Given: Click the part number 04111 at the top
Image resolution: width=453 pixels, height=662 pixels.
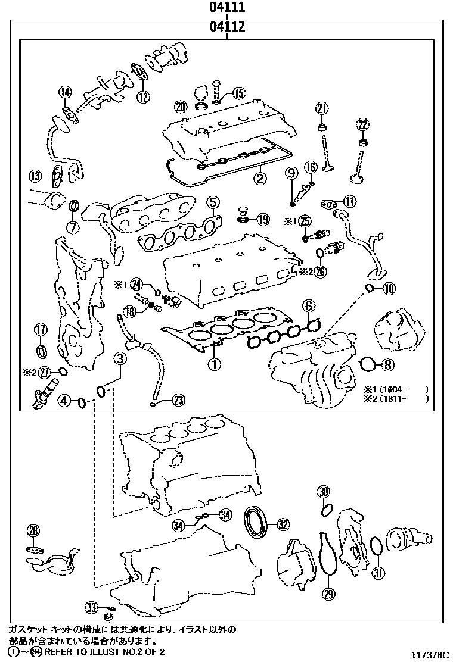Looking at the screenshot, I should coord(227,8).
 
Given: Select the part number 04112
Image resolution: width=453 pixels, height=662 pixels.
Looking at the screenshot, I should coord(227,27).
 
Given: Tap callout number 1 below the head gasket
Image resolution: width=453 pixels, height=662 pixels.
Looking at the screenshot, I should coord(213,361).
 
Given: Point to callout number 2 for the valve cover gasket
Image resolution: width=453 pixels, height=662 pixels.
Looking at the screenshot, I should coord(259,177).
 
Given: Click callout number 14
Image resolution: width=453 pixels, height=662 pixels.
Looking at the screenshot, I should coord(65,92).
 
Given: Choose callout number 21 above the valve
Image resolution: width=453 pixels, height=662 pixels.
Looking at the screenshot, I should coord(322,108).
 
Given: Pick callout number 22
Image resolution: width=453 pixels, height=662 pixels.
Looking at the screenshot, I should coord(362,124).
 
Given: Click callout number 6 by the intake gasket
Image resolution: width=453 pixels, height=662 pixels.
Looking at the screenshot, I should coord(308,306).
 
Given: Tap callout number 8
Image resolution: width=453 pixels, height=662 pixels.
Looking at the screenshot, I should coord(387,364).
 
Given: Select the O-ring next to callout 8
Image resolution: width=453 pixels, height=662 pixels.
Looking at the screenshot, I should coord(368,364).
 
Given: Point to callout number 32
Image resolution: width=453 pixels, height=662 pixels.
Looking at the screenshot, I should coord(283,524).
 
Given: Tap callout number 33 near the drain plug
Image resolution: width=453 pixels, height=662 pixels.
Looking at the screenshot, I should coord(91,607).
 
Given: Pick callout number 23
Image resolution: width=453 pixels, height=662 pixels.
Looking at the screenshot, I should coord(178,400).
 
